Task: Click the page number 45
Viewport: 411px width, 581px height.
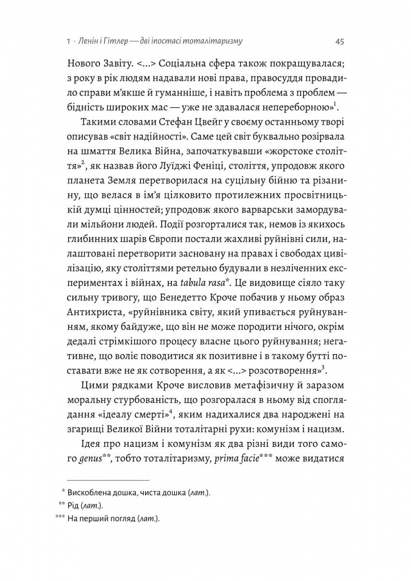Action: [339, 42]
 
